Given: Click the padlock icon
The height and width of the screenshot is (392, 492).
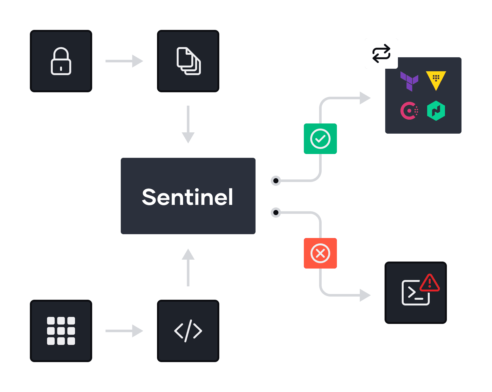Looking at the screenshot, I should tap(61, 61).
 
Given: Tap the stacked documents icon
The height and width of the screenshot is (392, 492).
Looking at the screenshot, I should tap(188, 61).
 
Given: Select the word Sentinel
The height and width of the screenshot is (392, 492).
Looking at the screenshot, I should tap(188, 197).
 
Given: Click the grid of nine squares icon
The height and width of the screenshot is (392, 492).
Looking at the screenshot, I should tap(61, 331).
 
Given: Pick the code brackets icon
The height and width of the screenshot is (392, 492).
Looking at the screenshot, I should tap(188, 331).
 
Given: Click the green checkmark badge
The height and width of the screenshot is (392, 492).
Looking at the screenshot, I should tap(320, 139).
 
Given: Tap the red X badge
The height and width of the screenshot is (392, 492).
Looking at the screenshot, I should tap(320, 253).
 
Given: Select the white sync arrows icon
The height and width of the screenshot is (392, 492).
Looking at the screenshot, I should tap(381, 53).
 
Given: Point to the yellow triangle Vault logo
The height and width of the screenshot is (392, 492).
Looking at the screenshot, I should tap(436, 80).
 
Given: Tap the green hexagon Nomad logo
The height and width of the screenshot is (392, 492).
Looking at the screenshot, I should tap(436, 111).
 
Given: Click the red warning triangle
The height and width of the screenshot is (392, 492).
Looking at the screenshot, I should tap(430, 283).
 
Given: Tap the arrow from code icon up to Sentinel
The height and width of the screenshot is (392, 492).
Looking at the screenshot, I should tap(188, 267).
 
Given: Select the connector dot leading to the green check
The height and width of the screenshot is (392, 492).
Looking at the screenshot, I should tap(276, 181).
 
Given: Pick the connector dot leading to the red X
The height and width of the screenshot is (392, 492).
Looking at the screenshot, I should tap(276, 212).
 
